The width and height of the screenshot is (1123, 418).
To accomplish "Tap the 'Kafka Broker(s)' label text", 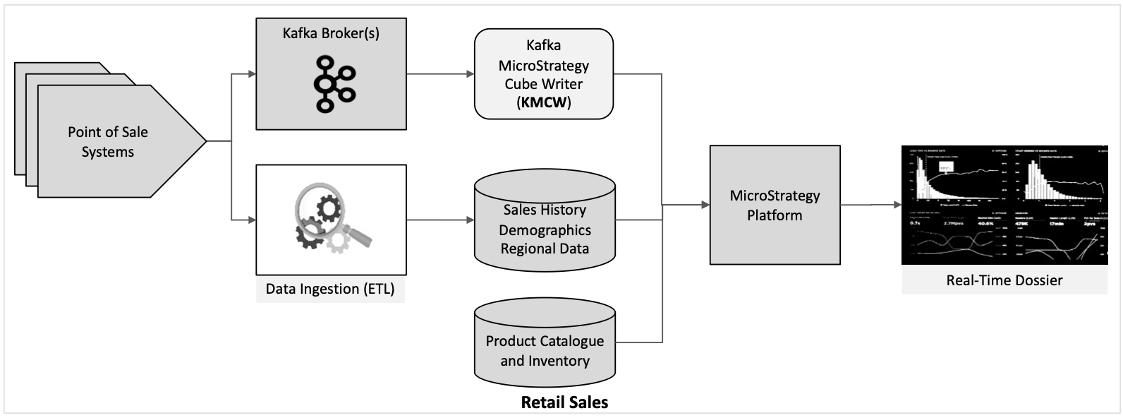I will point(331,33).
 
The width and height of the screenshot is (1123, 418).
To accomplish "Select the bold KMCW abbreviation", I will point(543,103).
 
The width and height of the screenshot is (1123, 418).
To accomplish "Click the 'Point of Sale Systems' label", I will point(108,142).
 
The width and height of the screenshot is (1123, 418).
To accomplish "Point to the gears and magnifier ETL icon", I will point(331,220).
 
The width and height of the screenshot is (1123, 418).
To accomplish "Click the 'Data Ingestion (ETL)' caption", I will point(330,289).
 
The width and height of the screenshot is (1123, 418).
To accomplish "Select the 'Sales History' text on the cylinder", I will point(545,210).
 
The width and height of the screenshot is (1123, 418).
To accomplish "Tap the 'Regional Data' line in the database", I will point(545,249).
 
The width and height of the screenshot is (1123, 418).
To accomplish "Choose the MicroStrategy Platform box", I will point(775,205).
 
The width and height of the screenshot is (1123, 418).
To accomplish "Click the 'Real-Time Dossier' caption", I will point(1004,280).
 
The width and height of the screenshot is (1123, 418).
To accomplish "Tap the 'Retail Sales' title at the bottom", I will point(564,403).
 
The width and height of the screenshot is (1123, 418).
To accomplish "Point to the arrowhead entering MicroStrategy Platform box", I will point(704,205).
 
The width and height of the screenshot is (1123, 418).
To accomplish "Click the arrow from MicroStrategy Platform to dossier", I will point(871,205).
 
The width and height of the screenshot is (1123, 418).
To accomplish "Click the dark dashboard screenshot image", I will point(1004,205).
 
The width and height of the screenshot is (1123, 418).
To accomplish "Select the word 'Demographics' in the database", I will point(545,229).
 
